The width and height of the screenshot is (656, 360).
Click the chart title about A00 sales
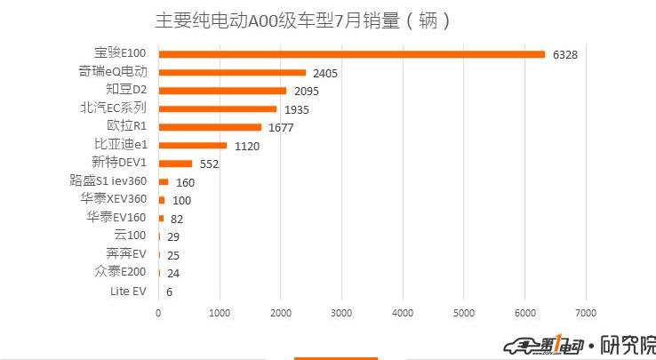click(302, 20)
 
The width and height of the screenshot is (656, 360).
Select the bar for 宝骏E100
click(351, 54)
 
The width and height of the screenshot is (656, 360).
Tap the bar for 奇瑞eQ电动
click(232, 73)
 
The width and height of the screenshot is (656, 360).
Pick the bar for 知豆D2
click(222, 91)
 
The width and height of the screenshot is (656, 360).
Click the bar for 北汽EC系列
click(218, 108)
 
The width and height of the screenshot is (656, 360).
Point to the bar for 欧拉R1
click(210, 127)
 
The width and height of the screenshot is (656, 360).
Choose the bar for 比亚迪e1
click(193, 145)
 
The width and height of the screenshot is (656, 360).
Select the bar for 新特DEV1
click(175, 164)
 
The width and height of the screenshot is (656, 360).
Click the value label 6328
click(564, 55)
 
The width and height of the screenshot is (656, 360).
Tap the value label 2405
click(325, 74)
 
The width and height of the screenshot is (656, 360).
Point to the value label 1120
click(247, 146)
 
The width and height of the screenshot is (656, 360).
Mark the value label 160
click(185, 182)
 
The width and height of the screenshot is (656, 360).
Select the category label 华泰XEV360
click(114, 199)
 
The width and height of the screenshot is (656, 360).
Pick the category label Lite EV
click(128, 291)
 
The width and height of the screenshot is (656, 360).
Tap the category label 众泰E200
click(120, 272)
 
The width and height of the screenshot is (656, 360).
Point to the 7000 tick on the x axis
click(585, 313)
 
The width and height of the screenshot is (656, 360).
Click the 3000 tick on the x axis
click(341, 313)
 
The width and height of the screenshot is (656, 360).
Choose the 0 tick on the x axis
click(158, 313)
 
